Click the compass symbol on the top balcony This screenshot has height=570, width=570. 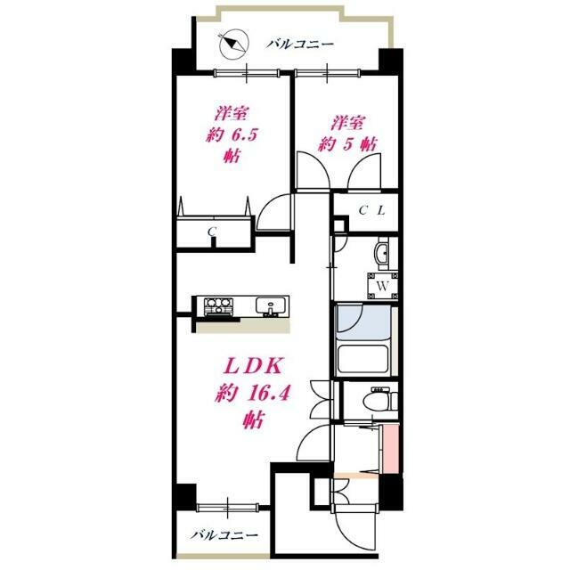234,44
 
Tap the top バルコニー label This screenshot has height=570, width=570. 299,45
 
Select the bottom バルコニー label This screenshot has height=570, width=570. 224,534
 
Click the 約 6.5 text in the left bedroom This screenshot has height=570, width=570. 232,135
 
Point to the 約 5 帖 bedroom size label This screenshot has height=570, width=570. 347,144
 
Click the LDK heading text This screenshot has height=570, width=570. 253,367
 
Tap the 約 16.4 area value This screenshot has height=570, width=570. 252,394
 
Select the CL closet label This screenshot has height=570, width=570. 372,210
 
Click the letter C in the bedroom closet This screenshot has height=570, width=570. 212,231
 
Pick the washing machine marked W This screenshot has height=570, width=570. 382,286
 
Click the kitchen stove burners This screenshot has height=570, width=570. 218,306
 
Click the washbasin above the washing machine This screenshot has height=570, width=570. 382,253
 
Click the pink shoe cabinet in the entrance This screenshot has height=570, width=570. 390,449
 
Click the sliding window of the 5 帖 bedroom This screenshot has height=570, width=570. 328,73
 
